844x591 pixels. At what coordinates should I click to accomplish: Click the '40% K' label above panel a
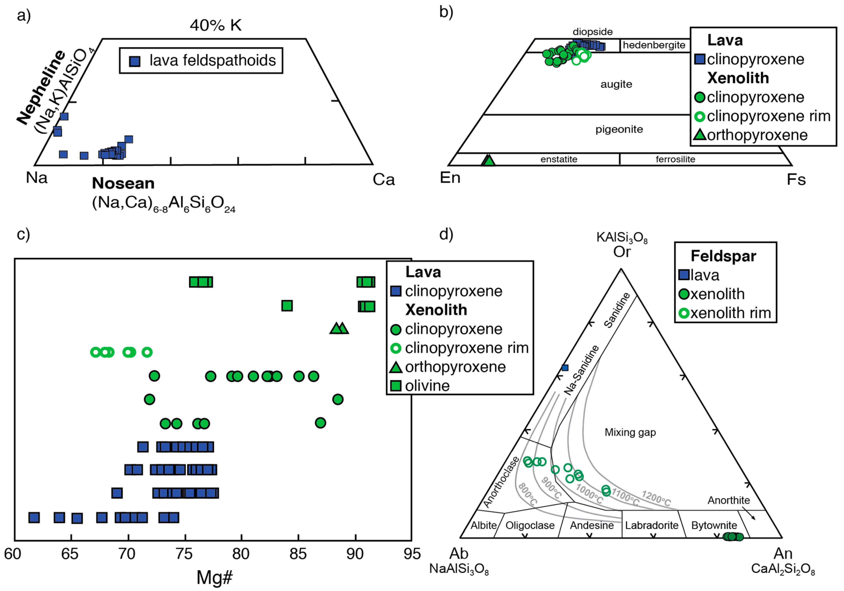[x=215, y=25]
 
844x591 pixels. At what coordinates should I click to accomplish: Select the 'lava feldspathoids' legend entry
[x=212, y=61]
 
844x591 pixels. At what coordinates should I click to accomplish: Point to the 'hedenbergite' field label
[x=654, y=45]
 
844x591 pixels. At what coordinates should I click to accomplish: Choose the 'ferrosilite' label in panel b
[x=675, y=159]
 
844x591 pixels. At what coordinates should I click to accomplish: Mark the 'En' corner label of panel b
[x=450, y=178]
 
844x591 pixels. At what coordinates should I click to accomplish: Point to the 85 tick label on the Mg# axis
[x=298, y=554]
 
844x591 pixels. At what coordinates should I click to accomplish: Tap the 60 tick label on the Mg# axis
[x=13, y=554]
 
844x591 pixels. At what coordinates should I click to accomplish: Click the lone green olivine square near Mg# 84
[x=287, y=306]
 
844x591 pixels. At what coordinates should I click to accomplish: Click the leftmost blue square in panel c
[x=34, y=517]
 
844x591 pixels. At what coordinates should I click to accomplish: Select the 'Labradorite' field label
[x=652, y=525]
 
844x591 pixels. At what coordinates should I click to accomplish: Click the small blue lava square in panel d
[x=565, y=368]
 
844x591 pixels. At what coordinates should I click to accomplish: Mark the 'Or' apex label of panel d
[x=622, y=252]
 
